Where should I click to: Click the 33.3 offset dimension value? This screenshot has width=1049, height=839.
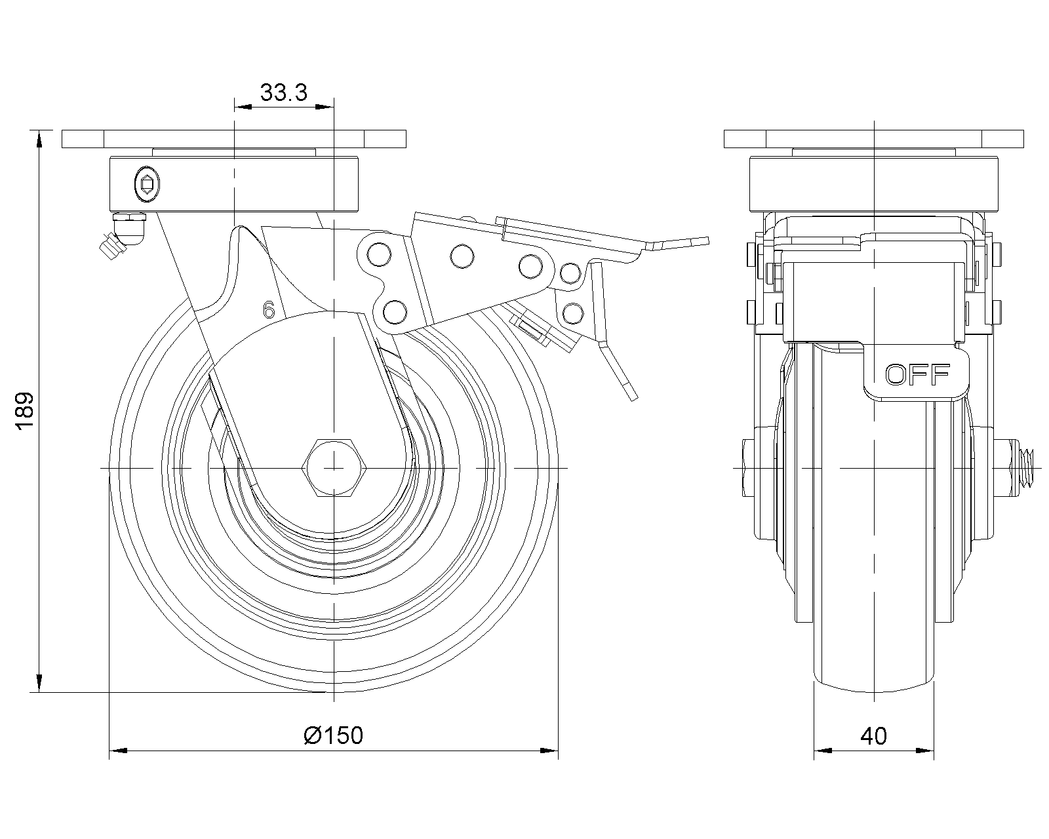point(283,92)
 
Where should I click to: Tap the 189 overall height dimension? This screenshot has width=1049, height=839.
point(25,412)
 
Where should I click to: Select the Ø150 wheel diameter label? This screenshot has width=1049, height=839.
point(333,735)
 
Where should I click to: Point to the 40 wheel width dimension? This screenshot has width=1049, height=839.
point(873,736)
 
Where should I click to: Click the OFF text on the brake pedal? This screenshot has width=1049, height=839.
point(917,374)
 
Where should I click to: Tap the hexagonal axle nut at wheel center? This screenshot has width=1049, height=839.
point(334,468)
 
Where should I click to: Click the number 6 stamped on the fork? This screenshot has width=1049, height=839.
point(268,310)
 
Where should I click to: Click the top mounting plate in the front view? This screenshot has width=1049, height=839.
point(873,139)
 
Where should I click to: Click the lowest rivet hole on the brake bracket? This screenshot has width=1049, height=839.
point(395,311)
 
